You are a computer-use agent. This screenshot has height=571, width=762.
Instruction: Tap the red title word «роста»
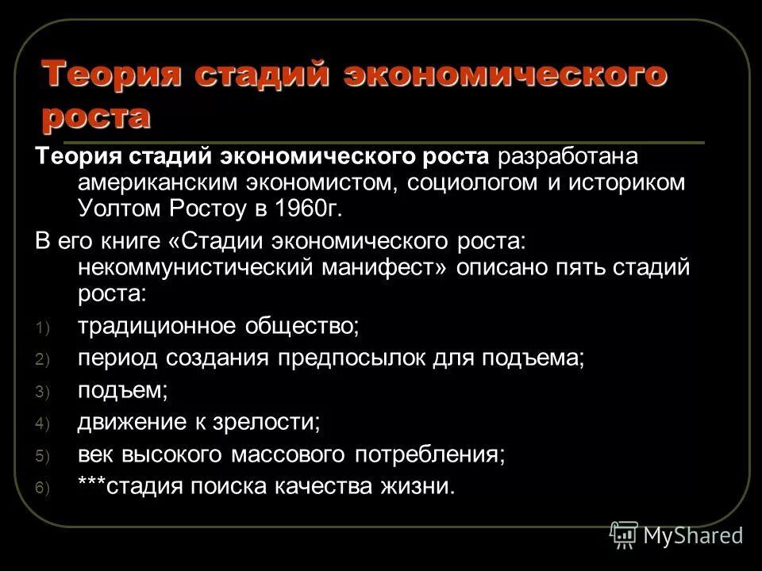(96, 116)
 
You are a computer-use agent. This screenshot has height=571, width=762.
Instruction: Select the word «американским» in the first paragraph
(156, 183)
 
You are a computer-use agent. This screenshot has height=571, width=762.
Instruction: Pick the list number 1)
(42, 327)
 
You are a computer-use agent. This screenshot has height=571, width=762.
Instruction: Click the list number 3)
(42, 392)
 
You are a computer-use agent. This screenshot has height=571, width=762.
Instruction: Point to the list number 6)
(42, 489)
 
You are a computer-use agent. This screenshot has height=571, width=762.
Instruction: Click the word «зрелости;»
(266, 422)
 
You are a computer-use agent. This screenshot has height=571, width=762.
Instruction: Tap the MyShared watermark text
(694, 535)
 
